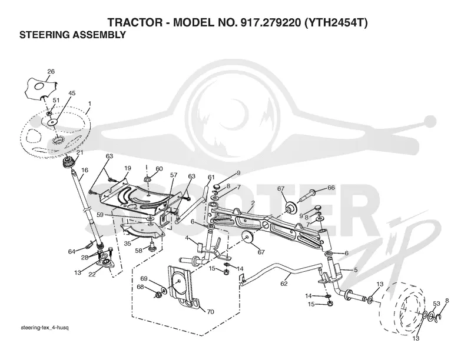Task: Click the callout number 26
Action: pos(51,71)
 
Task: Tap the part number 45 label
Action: pos(72,93)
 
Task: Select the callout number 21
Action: pos(79,152)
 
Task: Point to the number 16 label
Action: pos(85,170)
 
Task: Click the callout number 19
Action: pos(128,168)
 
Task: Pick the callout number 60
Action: pos(159,169)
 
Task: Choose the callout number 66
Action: pos(331,188)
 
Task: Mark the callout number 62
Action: pos(284,283)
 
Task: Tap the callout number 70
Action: pos(210,312)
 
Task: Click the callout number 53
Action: pos(436,304)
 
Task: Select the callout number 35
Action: pos(127,244)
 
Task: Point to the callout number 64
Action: pos(71,251)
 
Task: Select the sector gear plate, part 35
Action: pos(141,232)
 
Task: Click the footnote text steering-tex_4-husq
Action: pos(45,327)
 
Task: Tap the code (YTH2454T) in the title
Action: pos(336,22)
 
